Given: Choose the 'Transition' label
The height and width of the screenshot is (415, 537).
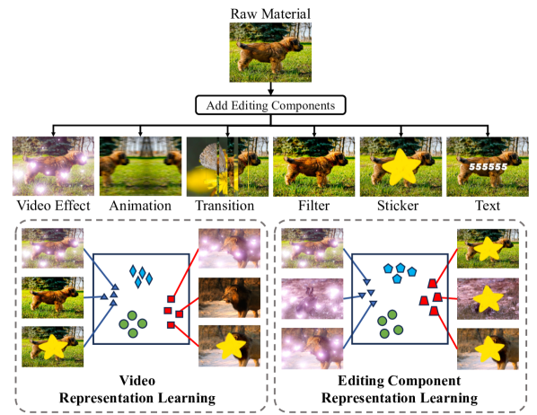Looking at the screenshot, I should click(224, 207).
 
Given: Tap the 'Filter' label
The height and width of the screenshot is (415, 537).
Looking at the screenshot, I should click(312, 207).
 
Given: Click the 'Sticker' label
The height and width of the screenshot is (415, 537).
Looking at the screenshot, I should click(400, 207).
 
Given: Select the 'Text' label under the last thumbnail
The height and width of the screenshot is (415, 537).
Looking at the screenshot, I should click(487, 207).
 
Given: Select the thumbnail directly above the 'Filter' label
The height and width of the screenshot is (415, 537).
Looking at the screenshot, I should click(312, 167).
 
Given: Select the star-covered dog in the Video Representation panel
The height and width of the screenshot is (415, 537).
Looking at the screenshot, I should click(49, 346).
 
